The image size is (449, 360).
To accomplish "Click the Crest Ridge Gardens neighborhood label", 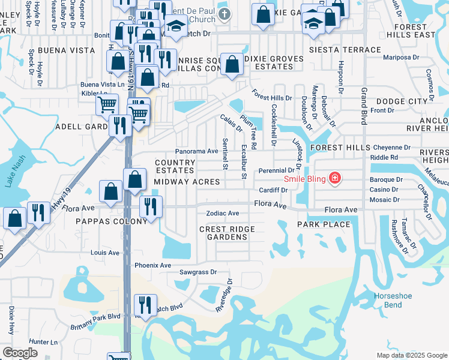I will (228, 233).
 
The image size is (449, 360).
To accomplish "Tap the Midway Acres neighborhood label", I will (187, 181).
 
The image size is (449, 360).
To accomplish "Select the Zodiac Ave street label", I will (223, 213).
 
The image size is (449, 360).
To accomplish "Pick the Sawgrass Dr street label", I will (197, 272).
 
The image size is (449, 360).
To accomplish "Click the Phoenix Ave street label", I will (153, 265).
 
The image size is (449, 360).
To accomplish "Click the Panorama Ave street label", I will (196, 151).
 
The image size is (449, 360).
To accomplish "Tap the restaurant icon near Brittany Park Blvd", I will (145, 304).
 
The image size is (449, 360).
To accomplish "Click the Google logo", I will (20, 353).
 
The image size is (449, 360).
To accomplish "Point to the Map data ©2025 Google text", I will (412, 355).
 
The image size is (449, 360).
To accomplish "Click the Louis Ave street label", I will (104, 253).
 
